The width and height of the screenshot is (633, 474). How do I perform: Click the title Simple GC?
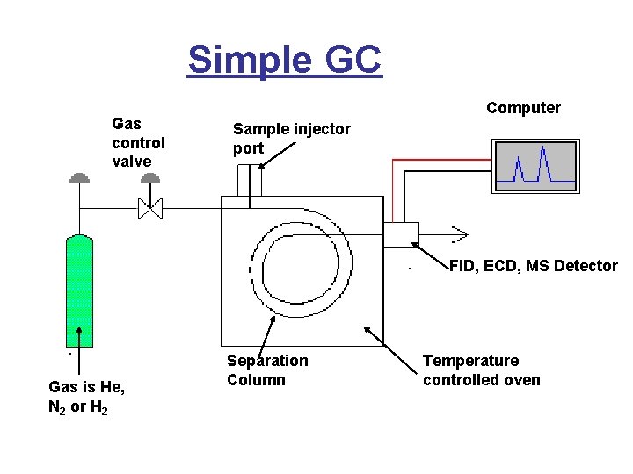click(x=285, y=60)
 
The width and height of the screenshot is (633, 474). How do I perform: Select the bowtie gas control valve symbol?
click(x=150, y=209)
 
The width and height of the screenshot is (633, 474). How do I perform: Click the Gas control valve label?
click(x=138, y=143)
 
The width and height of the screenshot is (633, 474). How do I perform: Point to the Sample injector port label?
click(x=291, y=139)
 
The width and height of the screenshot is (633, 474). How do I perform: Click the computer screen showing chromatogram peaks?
click(x=535, y=166)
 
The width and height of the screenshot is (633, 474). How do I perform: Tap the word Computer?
click(x=523, y=108)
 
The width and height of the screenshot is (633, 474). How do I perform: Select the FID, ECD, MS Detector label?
click(x=533, y=266)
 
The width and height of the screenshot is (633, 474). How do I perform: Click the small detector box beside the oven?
click(x=401, y=234)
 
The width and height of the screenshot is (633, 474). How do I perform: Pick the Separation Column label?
click(x=267, y=370)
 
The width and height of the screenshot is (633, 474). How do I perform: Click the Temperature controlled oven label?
click(x=481, y=370)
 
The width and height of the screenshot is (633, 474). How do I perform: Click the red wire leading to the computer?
click(x=440, y=160)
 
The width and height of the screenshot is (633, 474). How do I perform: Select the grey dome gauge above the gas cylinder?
click(x=80, y=178)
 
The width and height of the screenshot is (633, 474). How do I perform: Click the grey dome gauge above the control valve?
click(x=150, y=178)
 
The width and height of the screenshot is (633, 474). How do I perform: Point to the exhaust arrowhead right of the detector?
click(x=459, y=234)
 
